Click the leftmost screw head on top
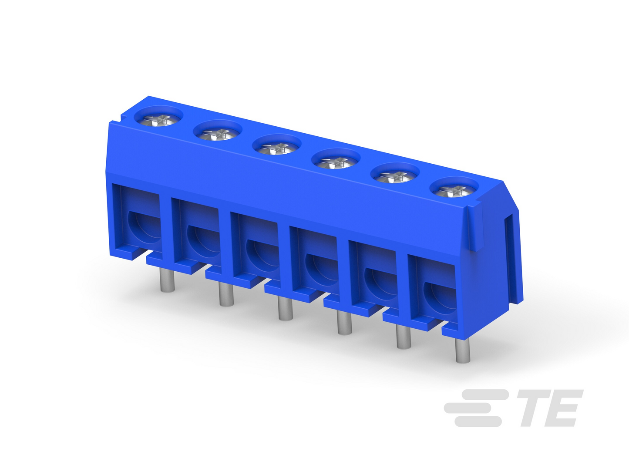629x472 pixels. point(158,120)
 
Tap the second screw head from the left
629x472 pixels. point(218,134)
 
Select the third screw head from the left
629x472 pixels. point(276,148)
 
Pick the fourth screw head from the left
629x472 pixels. point(336,162)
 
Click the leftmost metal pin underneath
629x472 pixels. point(167,280)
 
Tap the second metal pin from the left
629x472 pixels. point(226,294)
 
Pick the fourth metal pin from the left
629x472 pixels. point(345,323)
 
